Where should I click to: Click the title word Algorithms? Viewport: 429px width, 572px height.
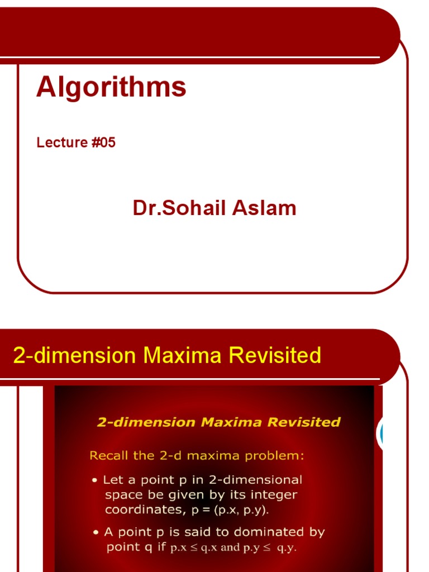(x=111, y=88)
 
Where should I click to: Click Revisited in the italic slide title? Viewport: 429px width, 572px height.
(x=304, y=422)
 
